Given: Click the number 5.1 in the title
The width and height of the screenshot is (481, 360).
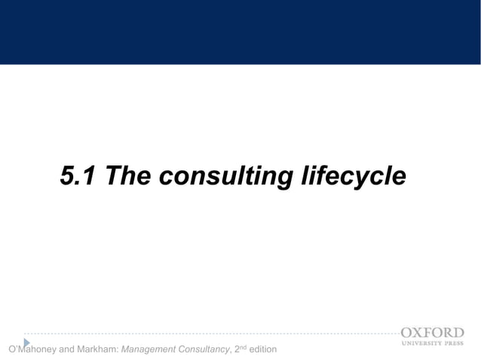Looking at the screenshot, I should (x=78, y=176).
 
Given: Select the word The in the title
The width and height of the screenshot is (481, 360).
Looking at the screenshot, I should (x=128, y=176).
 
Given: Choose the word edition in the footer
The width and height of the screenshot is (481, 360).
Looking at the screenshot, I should (x=262, y=349).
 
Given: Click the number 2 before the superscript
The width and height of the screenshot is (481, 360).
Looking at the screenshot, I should (x=237, y=349).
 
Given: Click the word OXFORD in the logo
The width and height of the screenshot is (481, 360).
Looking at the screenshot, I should (x=432, y=332).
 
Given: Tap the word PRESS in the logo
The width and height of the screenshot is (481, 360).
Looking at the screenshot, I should (x=455, y=343).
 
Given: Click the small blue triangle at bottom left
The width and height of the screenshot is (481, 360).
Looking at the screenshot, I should (x=26, y=343).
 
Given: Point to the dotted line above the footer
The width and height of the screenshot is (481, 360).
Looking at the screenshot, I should (x=211, y=333).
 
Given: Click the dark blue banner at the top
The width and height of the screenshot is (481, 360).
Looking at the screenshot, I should (x=240, y=32).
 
